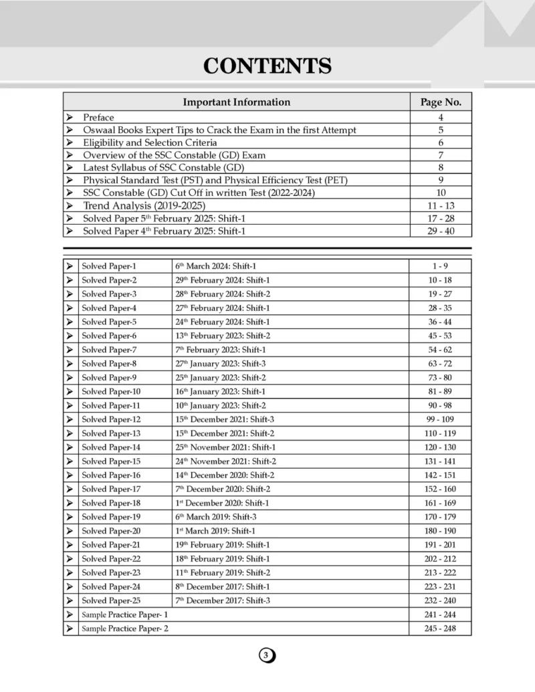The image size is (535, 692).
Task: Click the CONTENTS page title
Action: click(x=267, y=66)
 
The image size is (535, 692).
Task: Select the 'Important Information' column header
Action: click(x=237, y=102)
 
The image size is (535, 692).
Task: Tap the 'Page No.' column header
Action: click(x=441, y=102)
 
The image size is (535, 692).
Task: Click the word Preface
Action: click(x=98, y=118)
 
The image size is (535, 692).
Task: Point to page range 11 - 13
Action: click(x=441, y=206)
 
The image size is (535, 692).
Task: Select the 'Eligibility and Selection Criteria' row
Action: click(x=150, y=142)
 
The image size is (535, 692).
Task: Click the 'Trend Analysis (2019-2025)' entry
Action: click(x=144, y=206)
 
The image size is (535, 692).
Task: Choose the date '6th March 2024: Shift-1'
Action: click(x=215, y=266)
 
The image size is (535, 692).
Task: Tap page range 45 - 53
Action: click(x=441, y=336)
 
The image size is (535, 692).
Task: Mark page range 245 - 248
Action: click(x=441, y=628)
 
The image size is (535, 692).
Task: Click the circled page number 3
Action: click(x=267, y=655)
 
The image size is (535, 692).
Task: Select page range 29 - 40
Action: click(x=441, y=231)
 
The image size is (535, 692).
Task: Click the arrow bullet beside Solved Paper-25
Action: click(x=70, y=600)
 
